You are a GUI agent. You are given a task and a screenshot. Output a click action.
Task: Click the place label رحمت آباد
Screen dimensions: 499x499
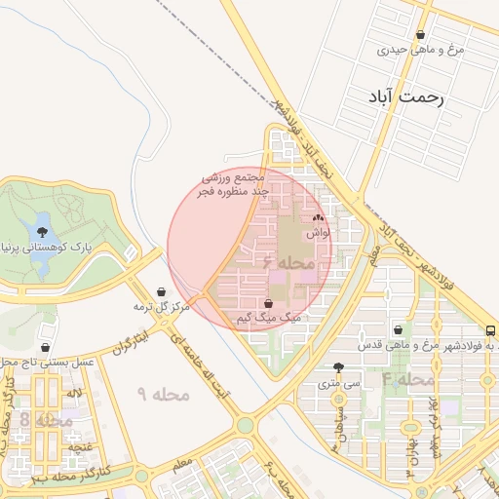[x=407, y=97]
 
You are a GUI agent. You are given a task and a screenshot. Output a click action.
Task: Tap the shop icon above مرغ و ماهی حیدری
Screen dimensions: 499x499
[x=420, y=34]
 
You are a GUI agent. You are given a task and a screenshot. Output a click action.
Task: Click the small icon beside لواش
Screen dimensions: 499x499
[x=319, y=218]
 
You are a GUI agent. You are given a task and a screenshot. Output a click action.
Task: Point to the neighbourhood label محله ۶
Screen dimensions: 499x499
[x=288, y=262]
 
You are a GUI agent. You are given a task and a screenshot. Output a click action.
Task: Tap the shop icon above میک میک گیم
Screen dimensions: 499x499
[x=268, y=303]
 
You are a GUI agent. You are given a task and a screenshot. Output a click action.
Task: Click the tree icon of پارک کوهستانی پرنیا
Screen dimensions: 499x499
[x=42, y=232]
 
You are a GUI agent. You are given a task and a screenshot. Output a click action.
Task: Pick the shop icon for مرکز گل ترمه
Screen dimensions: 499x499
[x=161, y=291]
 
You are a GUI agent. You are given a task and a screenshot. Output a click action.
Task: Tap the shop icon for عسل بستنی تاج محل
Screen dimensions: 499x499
[x=46, y=347]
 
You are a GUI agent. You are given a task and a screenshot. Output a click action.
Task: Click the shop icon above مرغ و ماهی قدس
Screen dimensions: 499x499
[x=397, y=330]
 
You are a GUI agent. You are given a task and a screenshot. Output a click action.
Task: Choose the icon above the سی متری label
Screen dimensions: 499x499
[x=338, y=368]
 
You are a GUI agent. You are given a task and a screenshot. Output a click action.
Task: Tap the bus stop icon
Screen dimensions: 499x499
[x=489, y=331]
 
